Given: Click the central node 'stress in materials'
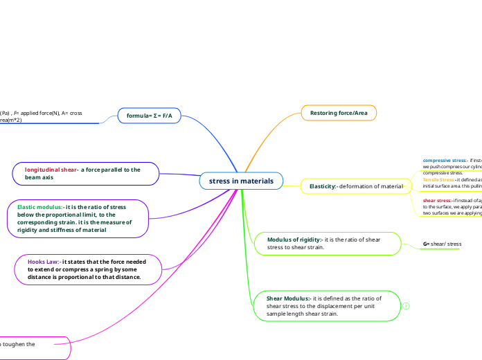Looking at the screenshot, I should point(242,181).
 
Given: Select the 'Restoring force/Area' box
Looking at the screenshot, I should point(339,113).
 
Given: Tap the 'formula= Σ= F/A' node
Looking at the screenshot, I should point(149,115).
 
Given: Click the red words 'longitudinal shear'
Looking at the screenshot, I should point(51,170).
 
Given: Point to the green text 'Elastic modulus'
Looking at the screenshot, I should point(39,207).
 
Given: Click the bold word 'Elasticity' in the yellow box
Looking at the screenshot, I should point(322,186).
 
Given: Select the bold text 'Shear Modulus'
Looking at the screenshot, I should point(289,298).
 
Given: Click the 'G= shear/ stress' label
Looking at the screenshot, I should point(442,244).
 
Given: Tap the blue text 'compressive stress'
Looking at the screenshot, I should point(444,161).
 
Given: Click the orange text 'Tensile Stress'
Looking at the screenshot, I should point(438,179).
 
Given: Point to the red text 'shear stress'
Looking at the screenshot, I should point(437,200).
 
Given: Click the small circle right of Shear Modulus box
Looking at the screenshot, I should point(406,306).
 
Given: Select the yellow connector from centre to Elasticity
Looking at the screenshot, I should point(292,184).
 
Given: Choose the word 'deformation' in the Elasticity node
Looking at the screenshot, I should point(361,186).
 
